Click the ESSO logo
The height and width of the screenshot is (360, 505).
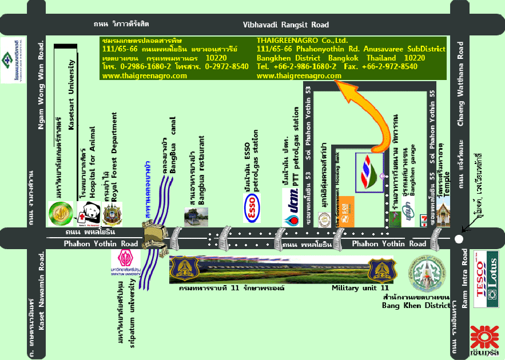(x=253, y=209)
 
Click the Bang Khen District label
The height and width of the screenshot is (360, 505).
(x=416, y=306)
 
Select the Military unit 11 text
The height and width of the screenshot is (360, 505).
(x=360, y=289)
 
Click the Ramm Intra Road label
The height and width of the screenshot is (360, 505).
(x=464, y=280)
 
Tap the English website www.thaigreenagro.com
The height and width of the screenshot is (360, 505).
(x=299, y=75)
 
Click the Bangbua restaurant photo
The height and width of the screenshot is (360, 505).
(x=192, y=217)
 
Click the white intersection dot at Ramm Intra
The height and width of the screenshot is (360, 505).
(x=458, y=239)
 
